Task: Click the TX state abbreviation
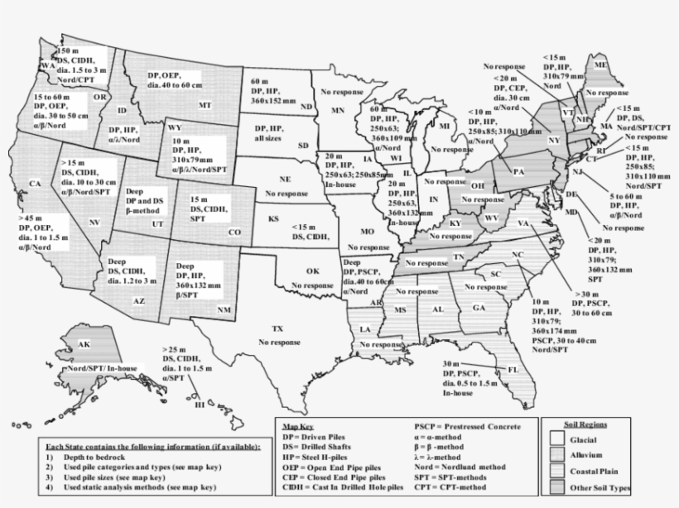277,328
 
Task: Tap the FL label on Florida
514,370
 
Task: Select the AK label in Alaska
84,344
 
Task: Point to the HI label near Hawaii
199,405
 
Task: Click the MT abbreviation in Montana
205,106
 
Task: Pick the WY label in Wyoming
175,128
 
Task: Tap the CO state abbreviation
234,232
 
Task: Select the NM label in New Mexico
224,309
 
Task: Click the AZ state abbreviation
139,301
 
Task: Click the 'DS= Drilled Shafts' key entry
320,444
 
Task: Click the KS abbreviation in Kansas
273,218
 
